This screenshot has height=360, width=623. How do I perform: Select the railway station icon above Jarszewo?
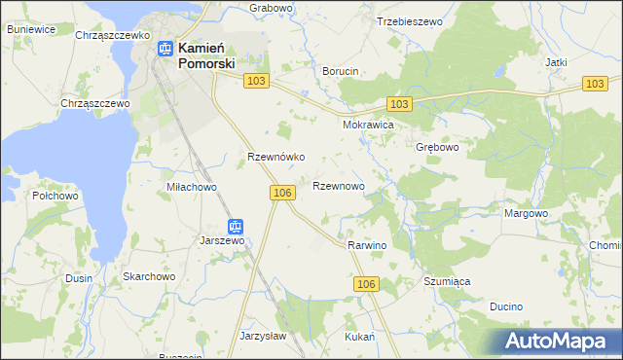coord(235,226)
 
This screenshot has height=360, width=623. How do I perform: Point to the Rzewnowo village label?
coord(339,185)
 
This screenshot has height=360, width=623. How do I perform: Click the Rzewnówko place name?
coord(277,157)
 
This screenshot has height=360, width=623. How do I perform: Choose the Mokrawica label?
coord(367,126)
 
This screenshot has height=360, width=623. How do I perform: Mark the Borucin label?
coord(341,71)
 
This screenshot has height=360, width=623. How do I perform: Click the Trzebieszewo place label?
coord(409,20)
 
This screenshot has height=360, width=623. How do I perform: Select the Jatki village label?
coord(556,62)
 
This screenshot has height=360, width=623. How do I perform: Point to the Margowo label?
coord(526,213)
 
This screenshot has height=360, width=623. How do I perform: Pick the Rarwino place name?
coord(367,246)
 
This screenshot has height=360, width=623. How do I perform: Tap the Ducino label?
coord(506,306)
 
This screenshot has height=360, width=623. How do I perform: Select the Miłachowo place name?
coord(191,187)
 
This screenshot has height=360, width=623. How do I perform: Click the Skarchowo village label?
coord(148,276)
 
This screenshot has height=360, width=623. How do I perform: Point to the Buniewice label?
coord(30,30)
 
